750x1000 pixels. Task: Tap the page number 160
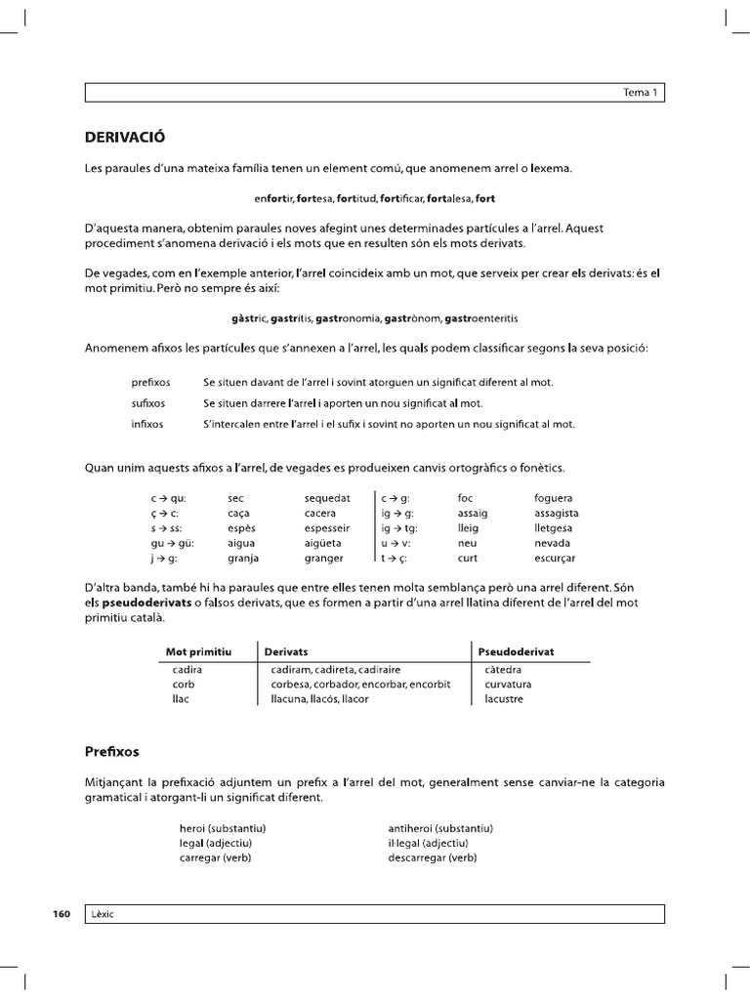pos(61,914)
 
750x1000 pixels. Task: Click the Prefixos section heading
pos(112,752)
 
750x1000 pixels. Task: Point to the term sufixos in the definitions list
pos(148,403)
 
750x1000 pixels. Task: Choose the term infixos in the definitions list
pos(147,425)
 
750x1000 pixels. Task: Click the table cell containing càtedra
pos(503,670)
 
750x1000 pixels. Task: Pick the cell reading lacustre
pos(504,699)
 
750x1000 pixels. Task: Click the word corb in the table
pos(183,685)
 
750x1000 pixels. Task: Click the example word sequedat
pos(327,498)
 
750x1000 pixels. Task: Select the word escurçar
pos(555,559)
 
